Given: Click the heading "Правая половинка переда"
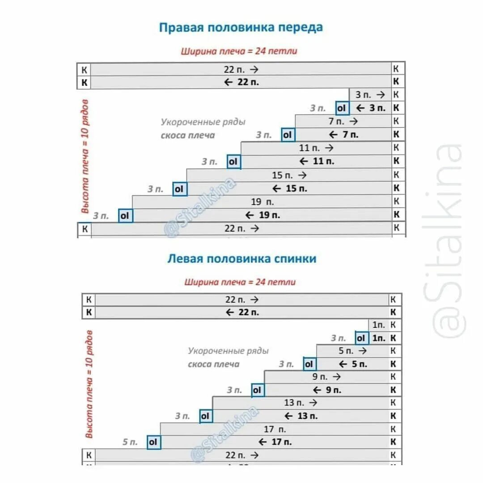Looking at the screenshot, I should click(x=241, y=27).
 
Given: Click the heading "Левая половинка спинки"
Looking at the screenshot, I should click(x=241, y=259).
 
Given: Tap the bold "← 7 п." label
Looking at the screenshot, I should click(x=343, y=135).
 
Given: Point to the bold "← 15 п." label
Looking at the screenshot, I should click(x=289, y=189).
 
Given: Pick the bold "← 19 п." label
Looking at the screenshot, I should click(x=263, y=216).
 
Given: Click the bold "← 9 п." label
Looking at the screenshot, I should click(x=326, y=390).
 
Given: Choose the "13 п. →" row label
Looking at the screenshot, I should click(x=301, y=403).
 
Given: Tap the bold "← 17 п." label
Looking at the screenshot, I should click(x=275, y=442).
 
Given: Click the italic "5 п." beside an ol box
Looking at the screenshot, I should click(x=130, y=442).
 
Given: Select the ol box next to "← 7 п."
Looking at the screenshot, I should click(x=288, y=135).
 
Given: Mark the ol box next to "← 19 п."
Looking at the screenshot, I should click(x=125, y=216).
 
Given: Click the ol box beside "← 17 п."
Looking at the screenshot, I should click(x=153, y=442).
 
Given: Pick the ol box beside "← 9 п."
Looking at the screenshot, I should click(x=257, y=390).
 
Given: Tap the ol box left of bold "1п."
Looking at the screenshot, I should click(x=361, y=338).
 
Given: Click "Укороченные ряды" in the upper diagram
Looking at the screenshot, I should click(x=203, y=122).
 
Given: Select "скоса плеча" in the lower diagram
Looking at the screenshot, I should click(x=213, y=364).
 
